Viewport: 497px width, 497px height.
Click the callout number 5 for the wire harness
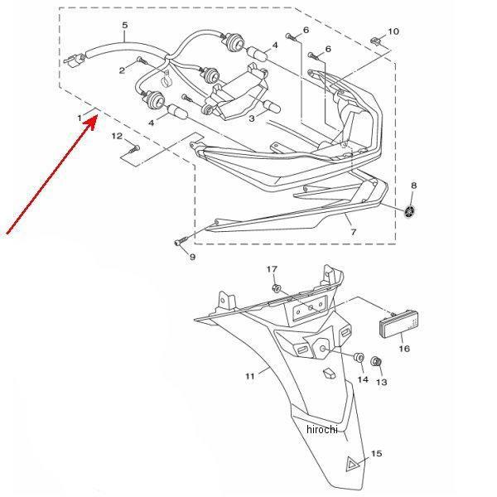(x=125, y=26)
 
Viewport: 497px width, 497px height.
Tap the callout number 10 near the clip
(x=393, y=31)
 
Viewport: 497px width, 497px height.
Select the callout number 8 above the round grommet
(x=413, y=186)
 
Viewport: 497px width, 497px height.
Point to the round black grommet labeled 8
(x=410, y=211)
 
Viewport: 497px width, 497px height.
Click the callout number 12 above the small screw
(x=117, y=136)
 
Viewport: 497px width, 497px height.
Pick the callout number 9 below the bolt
(x=192, y=257)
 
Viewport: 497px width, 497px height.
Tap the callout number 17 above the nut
(x=272, y=269)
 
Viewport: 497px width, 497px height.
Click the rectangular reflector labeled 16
(x=400, y=325)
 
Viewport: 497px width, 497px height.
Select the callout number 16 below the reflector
(x=404, y=349)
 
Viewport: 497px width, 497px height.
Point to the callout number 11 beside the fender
(x=250, y=376)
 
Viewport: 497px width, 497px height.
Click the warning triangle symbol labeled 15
(x=353, y=465)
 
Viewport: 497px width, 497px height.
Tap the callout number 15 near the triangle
(x=376, y=454)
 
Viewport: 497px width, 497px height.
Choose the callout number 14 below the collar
(x=363, y=379)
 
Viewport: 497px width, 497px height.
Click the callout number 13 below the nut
(x=382, y=382)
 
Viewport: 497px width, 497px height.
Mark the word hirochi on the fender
(x=322, y=429)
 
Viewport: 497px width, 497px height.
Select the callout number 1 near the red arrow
(x=80, y=118)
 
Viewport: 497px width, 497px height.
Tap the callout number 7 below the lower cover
(x=354, y=232)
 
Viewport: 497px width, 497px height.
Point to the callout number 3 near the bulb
(x=252, y=118)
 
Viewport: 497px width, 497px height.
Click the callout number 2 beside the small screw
(x=122, y=70)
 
